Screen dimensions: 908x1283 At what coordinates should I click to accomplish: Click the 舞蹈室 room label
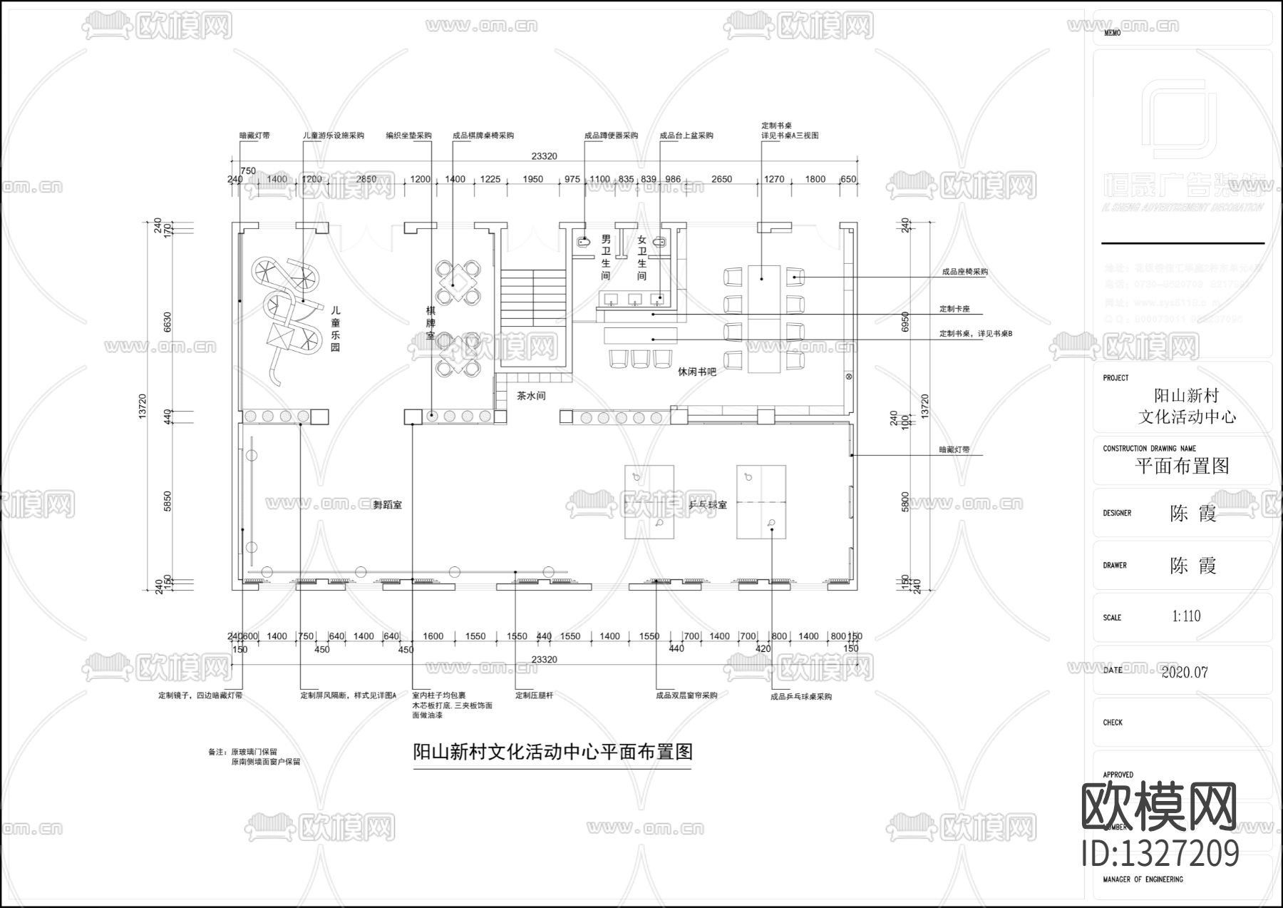387,505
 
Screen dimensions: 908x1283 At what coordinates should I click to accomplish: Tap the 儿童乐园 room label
335,329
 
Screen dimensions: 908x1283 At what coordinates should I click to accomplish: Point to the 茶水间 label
531,396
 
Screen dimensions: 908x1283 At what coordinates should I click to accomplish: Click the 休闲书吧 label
696,372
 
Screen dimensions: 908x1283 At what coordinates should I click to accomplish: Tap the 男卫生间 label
606,257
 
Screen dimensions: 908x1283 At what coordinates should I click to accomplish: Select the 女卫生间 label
641,257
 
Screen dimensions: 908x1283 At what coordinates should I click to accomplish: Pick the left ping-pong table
649,501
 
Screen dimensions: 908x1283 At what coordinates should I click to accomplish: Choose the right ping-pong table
761,501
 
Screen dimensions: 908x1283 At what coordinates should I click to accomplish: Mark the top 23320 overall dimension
544,156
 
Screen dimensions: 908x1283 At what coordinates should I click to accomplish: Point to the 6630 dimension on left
168,322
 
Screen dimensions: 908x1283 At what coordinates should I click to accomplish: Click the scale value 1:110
1186,616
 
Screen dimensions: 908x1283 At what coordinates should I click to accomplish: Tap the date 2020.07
1185,672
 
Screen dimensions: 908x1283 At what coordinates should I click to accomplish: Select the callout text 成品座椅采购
964,272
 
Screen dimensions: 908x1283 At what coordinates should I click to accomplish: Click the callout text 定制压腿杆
534,695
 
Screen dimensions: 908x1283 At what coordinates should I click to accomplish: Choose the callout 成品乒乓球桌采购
801,696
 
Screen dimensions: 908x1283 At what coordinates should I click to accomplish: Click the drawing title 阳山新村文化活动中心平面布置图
552,752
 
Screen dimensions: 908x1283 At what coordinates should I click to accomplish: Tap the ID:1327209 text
1160,853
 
